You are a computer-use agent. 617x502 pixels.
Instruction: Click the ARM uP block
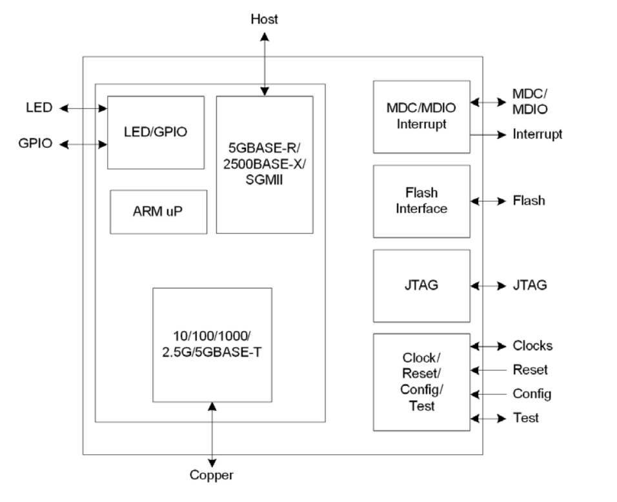(158, 212)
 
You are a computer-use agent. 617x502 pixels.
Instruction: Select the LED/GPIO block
(156, 132)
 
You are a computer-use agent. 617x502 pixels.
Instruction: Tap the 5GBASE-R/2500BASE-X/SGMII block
(265, 165)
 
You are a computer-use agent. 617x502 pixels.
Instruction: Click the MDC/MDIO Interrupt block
(421, 117)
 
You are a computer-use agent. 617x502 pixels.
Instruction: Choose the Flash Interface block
(421, 201)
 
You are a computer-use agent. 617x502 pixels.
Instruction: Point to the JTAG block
(421, 285)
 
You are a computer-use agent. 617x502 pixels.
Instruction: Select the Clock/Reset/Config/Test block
(421, 382)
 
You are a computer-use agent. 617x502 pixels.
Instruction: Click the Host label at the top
(264, 19)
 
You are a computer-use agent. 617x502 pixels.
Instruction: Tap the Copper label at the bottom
(212, 476)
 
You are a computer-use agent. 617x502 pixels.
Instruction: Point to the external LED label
(39, 108)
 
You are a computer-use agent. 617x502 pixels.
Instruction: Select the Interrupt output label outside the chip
(537, 134)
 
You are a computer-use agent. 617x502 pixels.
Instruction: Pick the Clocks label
(532, 346)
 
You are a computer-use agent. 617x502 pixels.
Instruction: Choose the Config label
(531, 394)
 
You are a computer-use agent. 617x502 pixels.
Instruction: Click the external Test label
(525, 418)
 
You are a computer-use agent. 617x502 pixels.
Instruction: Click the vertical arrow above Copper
(212, 432)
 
